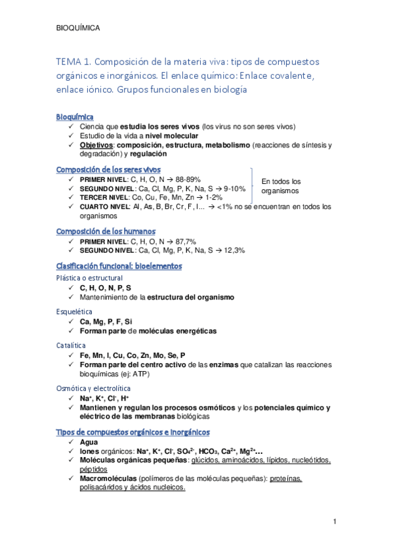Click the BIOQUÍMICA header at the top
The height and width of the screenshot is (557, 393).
tap(79, 28)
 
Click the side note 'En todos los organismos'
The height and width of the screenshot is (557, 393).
tap(281, 186)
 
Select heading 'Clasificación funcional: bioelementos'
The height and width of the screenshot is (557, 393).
tap(119, 266)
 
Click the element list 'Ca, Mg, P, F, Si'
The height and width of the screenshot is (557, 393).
tap(106, 321)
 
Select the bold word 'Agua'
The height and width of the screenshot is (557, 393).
tap(89, 442)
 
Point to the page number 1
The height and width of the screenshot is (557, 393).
tap(335, 522)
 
